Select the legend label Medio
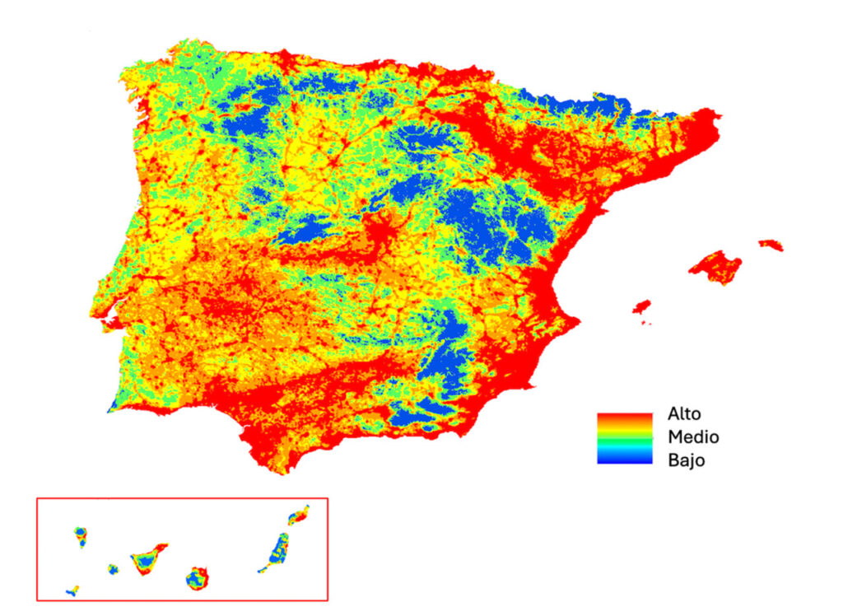(x=693, y=437)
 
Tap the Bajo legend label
(x=686, y=460)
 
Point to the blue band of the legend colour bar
(x=624, y=458)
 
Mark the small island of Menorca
(x=771, y=245)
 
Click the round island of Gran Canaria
(x=197, y=577)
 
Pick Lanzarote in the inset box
(x=298, y=516)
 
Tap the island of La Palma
(x=81, y=537)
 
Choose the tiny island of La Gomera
(x=113, y=568)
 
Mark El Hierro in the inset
(x=72, y=590)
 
